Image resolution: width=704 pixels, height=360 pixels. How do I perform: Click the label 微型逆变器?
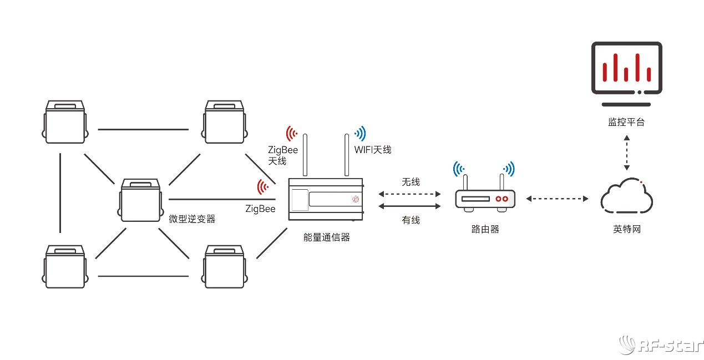192,219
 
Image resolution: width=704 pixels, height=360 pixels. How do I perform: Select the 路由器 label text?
485,229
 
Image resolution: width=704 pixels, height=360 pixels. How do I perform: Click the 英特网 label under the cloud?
626,229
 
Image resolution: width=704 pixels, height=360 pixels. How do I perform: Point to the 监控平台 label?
626,122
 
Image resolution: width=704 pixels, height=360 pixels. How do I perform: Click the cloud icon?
626,197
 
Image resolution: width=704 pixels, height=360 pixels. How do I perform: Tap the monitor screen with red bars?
626,68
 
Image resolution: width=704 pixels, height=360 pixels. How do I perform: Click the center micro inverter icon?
140,200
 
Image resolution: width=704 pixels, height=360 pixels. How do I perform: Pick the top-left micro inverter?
65,121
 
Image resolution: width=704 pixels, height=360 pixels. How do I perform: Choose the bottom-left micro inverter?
65,266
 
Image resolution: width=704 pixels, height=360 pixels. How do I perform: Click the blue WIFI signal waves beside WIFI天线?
361,133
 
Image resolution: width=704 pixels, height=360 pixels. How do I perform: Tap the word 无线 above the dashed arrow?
411,182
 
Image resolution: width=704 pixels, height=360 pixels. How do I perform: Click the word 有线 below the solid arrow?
411,220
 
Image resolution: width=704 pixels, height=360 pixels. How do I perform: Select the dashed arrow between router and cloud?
557,199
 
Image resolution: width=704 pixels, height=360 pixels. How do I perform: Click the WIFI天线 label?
373,150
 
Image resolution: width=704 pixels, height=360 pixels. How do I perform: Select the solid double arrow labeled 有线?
410,206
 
